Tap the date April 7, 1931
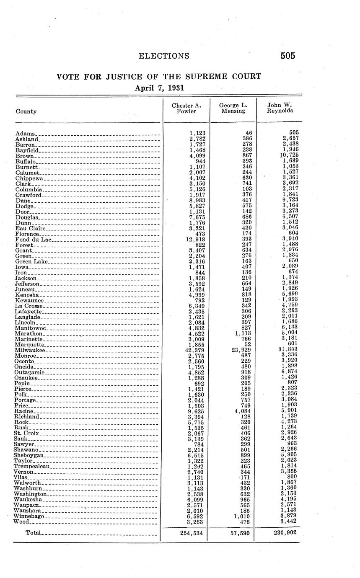[159, 88]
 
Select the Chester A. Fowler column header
[186, 108]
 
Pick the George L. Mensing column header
[233, 108]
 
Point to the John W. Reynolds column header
[280, 108]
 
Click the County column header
[26, 111]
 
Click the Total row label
[33, 533]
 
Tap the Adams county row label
[25, 133]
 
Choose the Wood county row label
[22, 522]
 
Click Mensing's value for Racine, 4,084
[242, 411]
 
